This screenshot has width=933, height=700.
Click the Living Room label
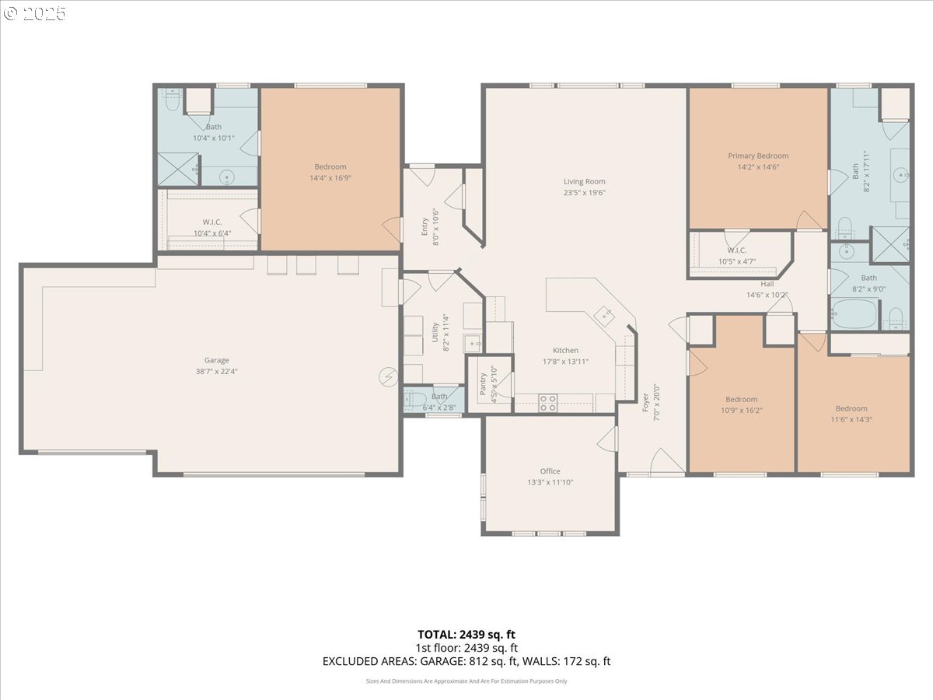point(584,181)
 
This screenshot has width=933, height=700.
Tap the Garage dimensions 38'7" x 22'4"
point(216,372)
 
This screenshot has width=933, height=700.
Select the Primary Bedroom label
point(758,156)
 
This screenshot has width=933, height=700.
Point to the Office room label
point(550,471)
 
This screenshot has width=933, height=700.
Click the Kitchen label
point(565,350)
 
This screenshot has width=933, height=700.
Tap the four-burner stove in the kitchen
point(548,403)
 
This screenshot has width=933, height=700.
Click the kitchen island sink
point(604,316)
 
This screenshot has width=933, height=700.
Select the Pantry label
point(483,383)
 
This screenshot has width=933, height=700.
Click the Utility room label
point(435,332)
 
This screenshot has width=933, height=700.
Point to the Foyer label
point(645,402)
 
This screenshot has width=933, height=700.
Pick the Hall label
point(767,284)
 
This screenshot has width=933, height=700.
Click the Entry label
point(425,226)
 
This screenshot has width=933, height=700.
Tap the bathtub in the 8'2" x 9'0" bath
point(854,313)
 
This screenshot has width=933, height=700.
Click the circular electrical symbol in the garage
point(389,376)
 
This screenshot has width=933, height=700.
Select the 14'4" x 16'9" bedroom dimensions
point(330,178)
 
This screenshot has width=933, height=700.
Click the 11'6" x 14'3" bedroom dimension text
point(851,419)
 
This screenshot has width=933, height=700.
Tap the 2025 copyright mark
point(34,13)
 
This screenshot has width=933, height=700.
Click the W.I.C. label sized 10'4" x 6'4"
point(211,222)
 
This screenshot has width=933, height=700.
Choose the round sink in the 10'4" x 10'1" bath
point(227,177)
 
